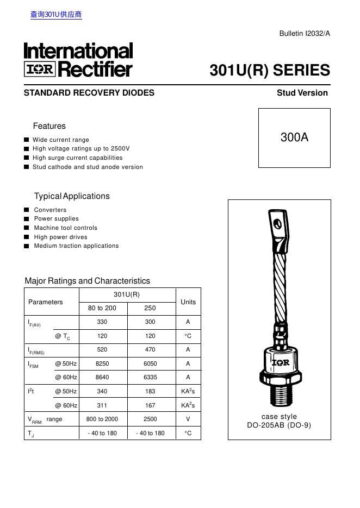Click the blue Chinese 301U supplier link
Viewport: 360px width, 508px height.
pyautogui.click(x=56, y=15)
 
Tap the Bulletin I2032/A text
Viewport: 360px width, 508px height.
pyautogui.click(x=305, y=34)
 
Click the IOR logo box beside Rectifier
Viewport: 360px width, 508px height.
pyautogui.click(x=39, y=70)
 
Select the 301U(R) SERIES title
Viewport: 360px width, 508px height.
pyautogui.click(x=270, y=71)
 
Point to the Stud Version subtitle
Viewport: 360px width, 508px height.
pyautogui.click(x=302, y=93)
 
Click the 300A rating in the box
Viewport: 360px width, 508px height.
pyautogui.click(x=294, y=137)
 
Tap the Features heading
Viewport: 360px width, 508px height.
pyautogui.click(x=49, y=126)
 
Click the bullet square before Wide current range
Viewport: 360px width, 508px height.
pyautogui.click(x=26, y=140)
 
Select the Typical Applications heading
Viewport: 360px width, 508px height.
pyautogui.click(x=72, y=196)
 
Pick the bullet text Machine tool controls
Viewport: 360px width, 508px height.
pyautogui.click(x=65, y=228)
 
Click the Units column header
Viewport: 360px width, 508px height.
pyautogui.click(x=188, y=302)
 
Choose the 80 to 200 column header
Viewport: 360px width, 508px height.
pyautogui.click(x=102, y=308)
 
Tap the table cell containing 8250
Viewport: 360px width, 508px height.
pyautogui.click(x=102, y=363)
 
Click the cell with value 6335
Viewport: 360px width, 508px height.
pyautogui.click(x=150, y=377)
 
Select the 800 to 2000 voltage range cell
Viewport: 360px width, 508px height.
pyautogui.click(x=102, y=419)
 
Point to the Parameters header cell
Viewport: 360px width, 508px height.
pyautogui.click(x=46, y=302)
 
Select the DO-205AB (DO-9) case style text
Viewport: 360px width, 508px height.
pyautogui.click(x=279, y=425)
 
